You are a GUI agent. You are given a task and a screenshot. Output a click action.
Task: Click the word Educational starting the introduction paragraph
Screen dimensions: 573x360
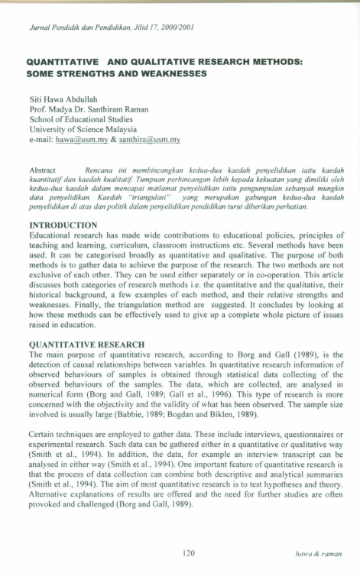(50, 235)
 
